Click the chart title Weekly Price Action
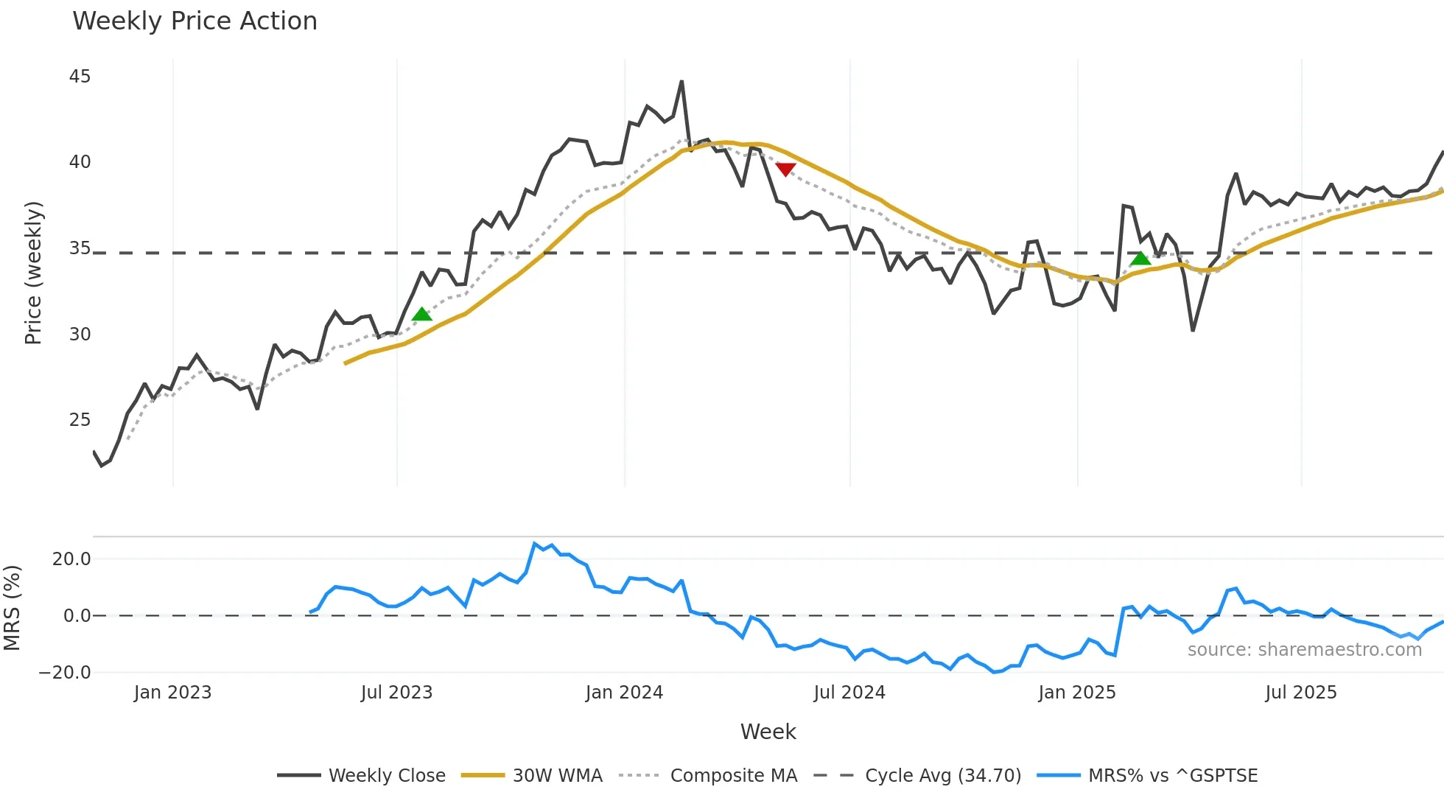click(x=194, y=21)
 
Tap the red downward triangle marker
click(x=785, y=169)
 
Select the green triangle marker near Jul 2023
click(x=421, y=315)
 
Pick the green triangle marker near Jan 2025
click(x=1140, y=258)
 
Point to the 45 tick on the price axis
click(x=80, y=77)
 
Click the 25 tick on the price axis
click(x=80, y=420)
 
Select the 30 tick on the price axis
click(x=80, y=335)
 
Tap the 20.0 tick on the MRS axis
click(x=71, y=559)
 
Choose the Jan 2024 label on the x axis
click(x=624, y=693)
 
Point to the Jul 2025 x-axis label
click(x=1300, y=693)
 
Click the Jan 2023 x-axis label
click(x=172, y=693)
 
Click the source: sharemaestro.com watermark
click(x=1304, y=650)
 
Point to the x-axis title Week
click(x=768, y=732)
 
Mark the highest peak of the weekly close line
click(x=681, y=82)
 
